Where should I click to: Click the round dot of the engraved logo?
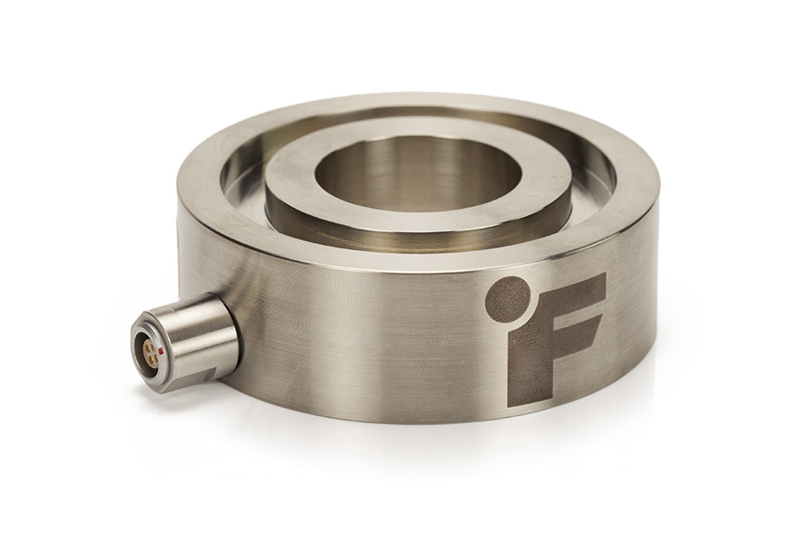[508, 299]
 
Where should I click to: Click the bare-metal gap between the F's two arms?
[574, 313]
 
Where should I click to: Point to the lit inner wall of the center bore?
[421, 170]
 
